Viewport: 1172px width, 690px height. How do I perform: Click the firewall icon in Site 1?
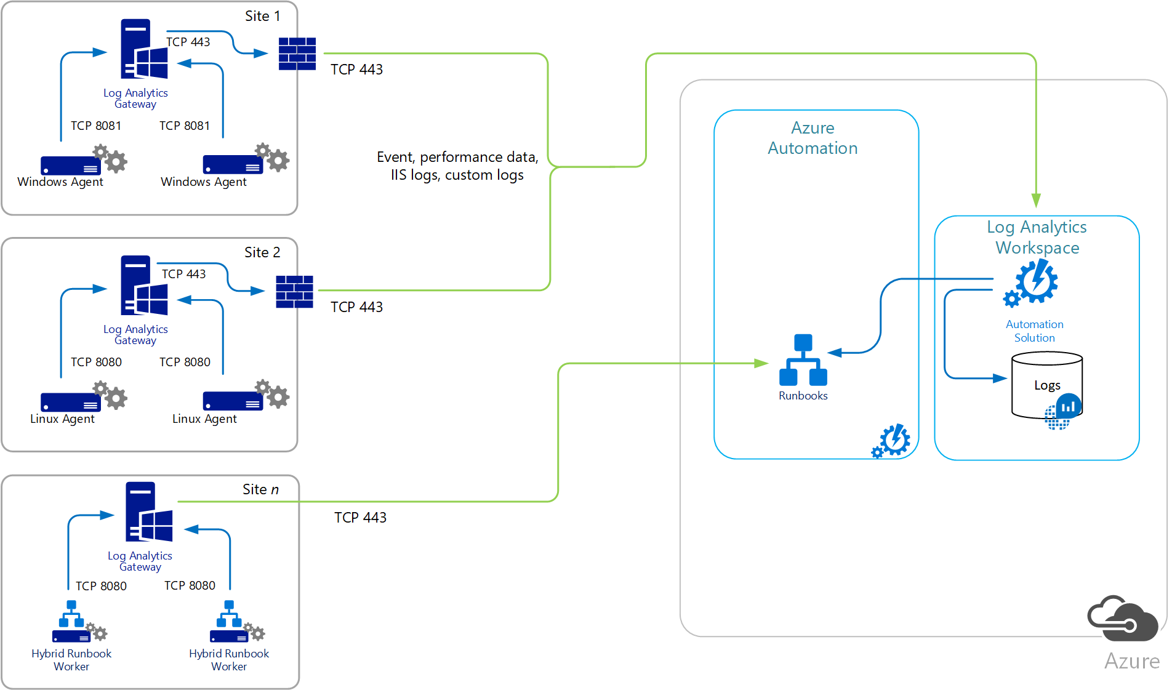point(297,54)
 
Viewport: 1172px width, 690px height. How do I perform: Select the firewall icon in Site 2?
point(294,291)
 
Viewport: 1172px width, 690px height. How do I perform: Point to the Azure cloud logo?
point(1122,619)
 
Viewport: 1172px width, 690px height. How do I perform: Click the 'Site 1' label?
point(262,16)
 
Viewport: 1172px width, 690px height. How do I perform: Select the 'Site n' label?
point(260,489)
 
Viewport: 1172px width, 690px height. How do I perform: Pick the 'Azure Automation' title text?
point(813,138)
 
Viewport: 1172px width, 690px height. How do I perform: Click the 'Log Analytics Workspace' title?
point(1037,237)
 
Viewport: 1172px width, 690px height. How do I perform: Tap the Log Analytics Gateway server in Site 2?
point(144,286)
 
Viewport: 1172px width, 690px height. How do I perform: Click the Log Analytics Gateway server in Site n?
point(148,512)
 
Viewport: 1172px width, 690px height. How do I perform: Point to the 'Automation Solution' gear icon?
point(1034,283)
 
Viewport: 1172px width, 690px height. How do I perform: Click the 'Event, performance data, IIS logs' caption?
point(457,166)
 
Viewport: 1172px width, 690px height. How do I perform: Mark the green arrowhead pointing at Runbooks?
point(761,363)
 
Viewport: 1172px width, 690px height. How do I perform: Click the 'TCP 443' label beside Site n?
point(360,518)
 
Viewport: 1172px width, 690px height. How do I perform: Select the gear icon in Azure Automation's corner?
point(892,441)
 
